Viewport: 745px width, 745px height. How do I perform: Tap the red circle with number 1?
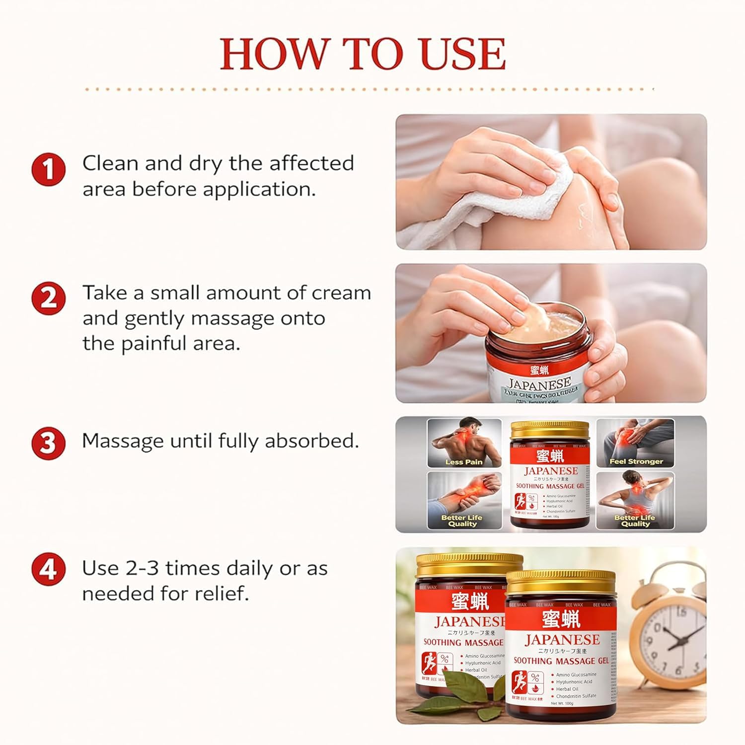point(48,170)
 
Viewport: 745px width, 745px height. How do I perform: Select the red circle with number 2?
point(48,299)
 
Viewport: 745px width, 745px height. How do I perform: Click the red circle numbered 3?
point(48,443)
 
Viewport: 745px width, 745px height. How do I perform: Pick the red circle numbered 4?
point(48,570)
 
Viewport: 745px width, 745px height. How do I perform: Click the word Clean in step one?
point(110,163)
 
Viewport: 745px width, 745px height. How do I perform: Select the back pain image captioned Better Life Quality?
point(636,499)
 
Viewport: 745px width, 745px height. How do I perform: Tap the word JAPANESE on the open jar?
point(539,383)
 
